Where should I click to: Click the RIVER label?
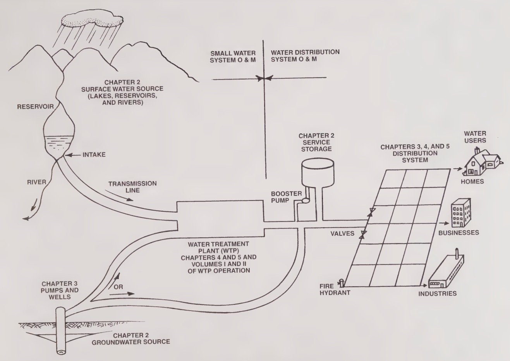(x=36, y=182)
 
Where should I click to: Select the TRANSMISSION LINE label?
(x=127, y=187)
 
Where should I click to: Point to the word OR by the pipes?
(x=120, y=287)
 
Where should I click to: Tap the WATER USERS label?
(x=475, y=137)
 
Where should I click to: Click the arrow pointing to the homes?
(x=457, y=169)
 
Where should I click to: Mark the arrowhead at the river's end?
(x=26, y=219)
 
